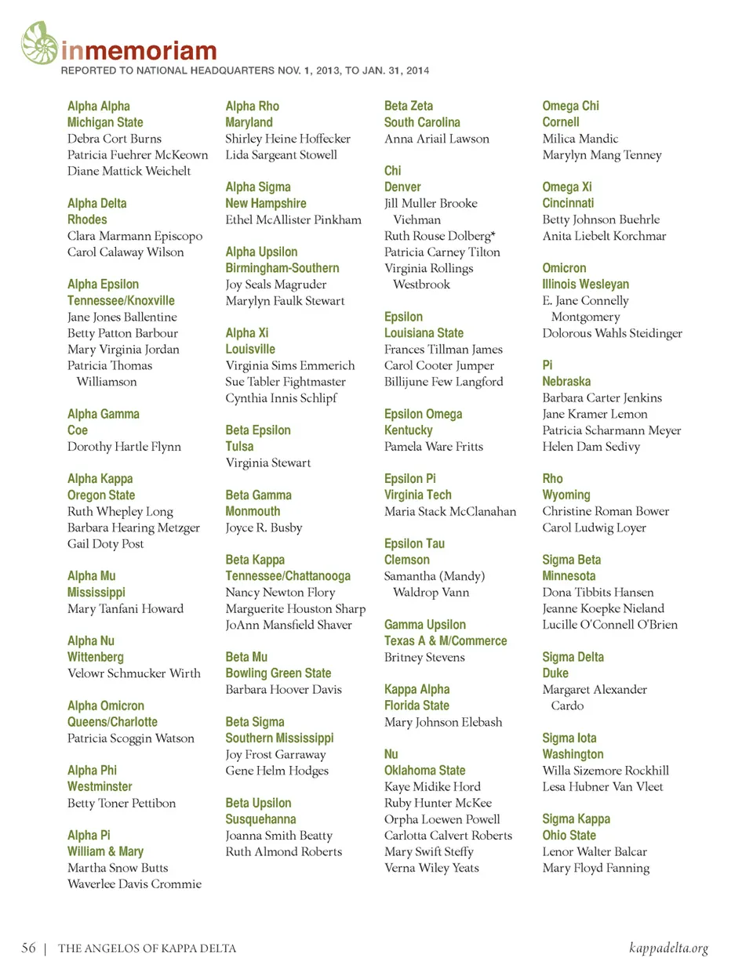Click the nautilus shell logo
pos(39,43)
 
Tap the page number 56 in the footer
pos(28,948)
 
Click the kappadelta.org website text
pos(668,948)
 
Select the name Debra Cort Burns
pos(115,139)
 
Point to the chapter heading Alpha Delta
pos(96,203)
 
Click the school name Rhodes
pos(87,220)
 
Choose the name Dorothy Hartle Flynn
pos(124,447)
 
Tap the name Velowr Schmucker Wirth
pos(134,673)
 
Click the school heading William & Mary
pos(105,851)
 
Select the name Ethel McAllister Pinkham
pos(293,220)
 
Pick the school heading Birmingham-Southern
pos(282,268)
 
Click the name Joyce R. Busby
pos(264,528)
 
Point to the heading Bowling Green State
pos(278,673)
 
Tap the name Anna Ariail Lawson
pos(437,139)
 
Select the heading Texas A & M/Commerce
pos(446,640)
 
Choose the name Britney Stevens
pos(424,658)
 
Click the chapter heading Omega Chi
pos(570,106)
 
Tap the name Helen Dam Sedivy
pos(591,447)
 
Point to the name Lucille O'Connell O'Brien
pos(610,625)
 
